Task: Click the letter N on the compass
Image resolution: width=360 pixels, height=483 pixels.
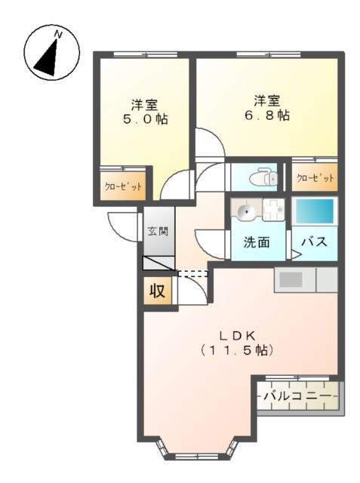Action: pos(58,35)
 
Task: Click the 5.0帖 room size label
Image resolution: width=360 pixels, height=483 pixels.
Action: pos(145,119)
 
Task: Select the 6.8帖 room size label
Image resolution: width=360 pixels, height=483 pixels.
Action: pos(266,115)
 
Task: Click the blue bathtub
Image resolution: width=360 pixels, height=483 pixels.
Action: pos(314,211)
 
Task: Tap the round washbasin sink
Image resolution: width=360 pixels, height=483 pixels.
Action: pos(246,211)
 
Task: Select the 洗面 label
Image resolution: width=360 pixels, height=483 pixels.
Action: pos(257,242)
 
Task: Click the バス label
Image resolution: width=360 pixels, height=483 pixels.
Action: pos(314,241)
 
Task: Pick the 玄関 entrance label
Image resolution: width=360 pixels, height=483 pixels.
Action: pos(158,231)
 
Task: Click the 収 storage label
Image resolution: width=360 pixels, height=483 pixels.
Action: pos(158,290)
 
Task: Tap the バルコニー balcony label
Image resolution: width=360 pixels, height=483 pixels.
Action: pos(297,395)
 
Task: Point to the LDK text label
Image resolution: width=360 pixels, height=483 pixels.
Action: pos(237,336)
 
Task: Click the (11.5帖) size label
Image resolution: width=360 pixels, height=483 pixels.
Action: pos(236,350)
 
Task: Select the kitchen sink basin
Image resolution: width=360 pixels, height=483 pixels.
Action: pos(291,280)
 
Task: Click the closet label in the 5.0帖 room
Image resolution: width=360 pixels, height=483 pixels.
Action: pos(123,186)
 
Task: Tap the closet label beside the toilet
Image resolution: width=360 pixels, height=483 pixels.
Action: pos(315,178)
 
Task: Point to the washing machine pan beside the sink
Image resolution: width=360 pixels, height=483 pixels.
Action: pos(273,210)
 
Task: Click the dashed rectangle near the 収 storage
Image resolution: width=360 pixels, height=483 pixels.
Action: pos(192,273)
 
